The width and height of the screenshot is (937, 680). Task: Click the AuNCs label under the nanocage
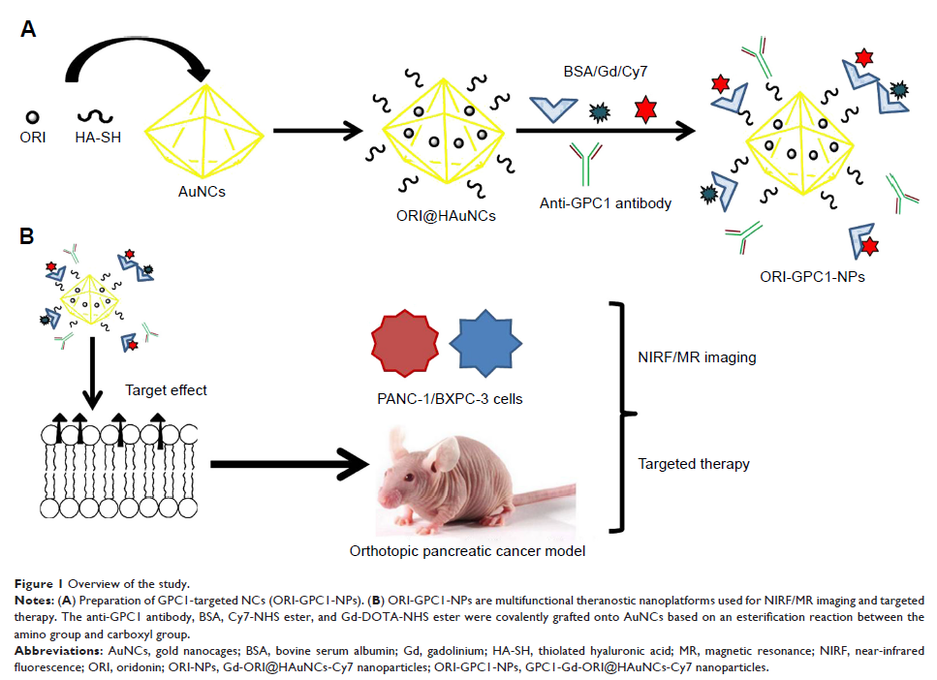203,192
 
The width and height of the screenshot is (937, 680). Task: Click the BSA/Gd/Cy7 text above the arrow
594,73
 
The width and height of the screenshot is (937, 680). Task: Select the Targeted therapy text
693,464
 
